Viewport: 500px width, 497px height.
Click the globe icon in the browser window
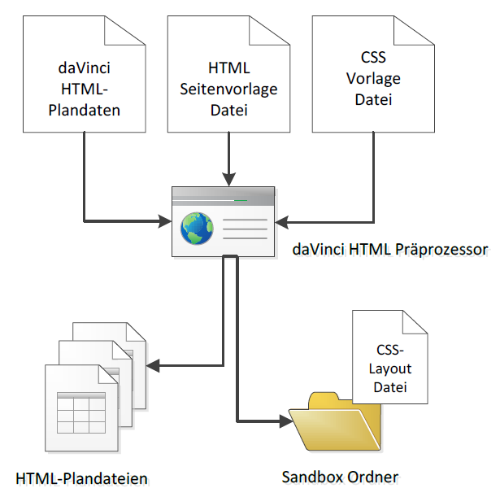click(x=196, y=228)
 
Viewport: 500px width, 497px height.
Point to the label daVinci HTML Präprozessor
click(x=389, y=249)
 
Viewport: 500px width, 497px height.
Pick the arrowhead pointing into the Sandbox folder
click(x=285, y=421)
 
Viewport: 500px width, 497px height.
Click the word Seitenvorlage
click(x=228, y=88)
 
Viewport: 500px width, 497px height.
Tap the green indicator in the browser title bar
click(x=241, y=199)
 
